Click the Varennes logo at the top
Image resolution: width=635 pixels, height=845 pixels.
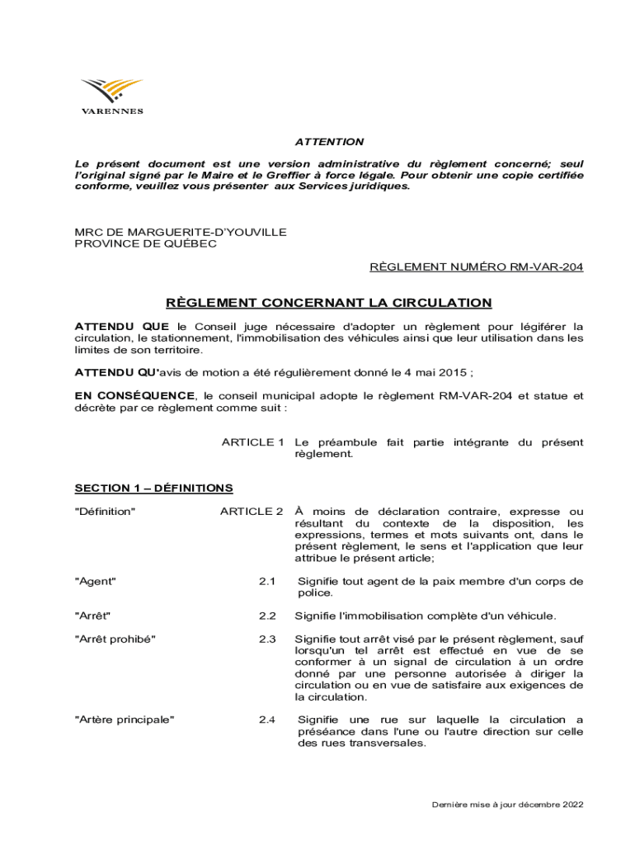[x=111, y=96]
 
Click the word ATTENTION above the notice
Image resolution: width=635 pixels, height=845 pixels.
[x=329, y=142]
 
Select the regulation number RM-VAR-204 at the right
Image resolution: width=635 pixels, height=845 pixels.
[x=544, y=267]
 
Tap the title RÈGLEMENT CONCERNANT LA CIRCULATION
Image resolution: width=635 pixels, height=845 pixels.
[x=329, y=303]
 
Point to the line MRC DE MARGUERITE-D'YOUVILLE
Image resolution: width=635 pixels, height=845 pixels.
[x=181, y=233]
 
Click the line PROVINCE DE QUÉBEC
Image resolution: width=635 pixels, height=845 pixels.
[x=146, y=244]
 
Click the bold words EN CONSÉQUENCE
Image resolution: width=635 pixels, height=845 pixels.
[x=136, y=396]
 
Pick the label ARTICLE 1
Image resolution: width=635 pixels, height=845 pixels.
[x=253, y=442]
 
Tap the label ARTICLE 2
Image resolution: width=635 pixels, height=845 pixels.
[x=252, y=512]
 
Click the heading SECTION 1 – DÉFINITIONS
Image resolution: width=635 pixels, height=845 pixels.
[x=154, y=488]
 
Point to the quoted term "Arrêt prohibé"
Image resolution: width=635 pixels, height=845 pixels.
[x=115, y=640]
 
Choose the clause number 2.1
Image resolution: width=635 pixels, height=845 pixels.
[x=266, y=582]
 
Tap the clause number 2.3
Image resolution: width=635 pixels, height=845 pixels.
[x=266, y=640]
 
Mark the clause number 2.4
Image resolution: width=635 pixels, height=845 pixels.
[x=266, y=720]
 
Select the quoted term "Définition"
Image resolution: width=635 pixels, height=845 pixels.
[x=106, y=512]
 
